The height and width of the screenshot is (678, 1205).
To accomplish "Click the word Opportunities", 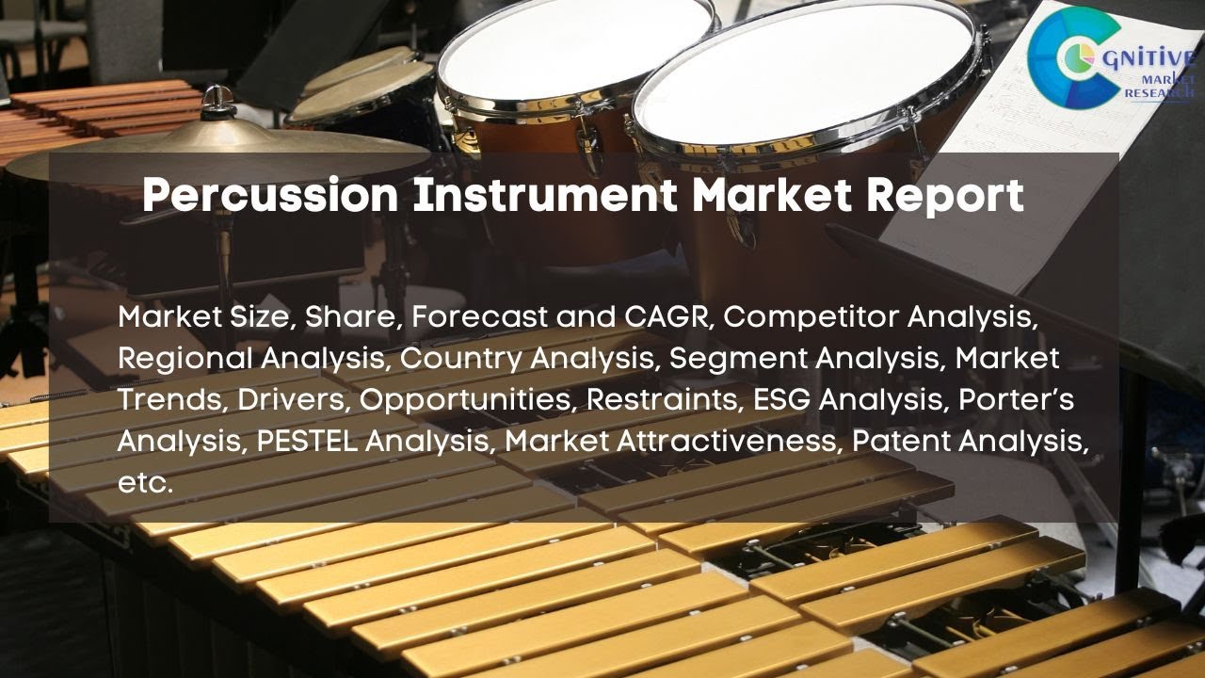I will click(468, 399).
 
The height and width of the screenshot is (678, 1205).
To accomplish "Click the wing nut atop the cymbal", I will click(219, 97).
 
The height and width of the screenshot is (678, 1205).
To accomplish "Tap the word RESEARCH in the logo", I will click(1161, 94).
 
